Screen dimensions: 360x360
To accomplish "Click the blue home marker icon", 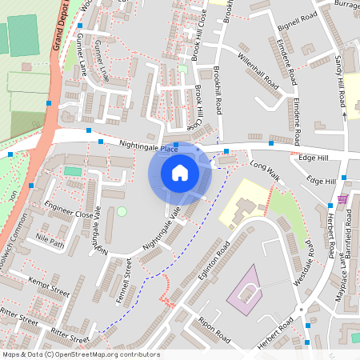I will coord(180,172).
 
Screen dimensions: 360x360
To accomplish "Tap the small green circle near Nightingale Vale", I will coord(122,211).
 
